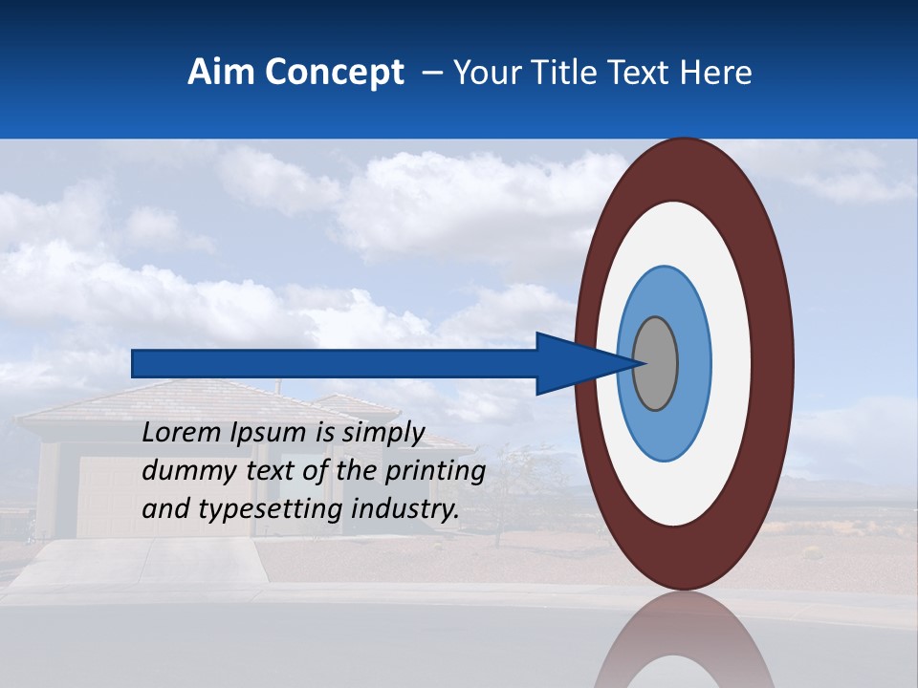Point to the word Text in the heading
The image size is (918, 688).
tap(645, 73)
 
